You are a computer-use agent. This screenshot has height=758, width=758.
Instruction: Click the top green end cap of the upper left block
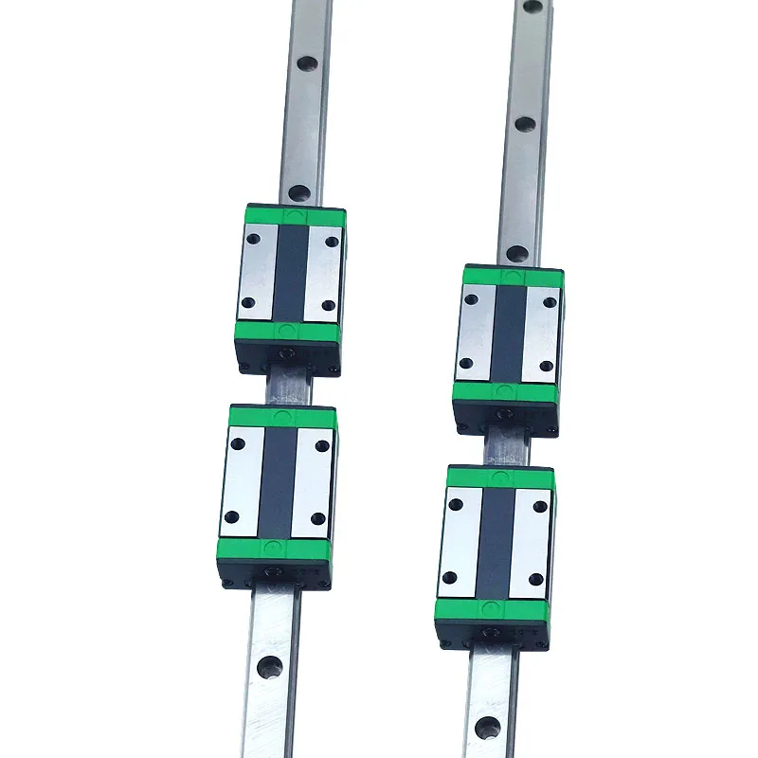click(290, 216)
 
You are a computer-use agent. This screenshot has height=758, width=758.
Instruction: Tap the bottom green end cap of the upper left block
click(288, 331)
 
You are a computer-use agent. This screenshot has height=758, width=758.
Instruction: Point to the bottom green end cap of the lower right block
click(490, 609)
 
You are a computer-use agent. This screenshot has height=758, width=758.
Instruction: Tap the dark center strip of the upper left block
click(289, 273)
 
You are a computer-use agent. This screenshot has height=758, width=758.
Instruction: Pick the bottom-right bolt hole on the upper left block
click(328, 305)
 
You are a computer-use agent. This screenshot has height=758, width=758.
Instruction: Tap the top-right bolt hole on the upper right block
click(550, 302)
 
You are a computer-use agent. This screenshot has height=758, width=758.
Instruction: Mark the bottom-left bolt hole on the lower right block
click(449, 577)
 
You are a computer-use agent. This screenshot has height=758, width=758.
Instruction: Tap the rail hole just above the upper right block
click(516, 253)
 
